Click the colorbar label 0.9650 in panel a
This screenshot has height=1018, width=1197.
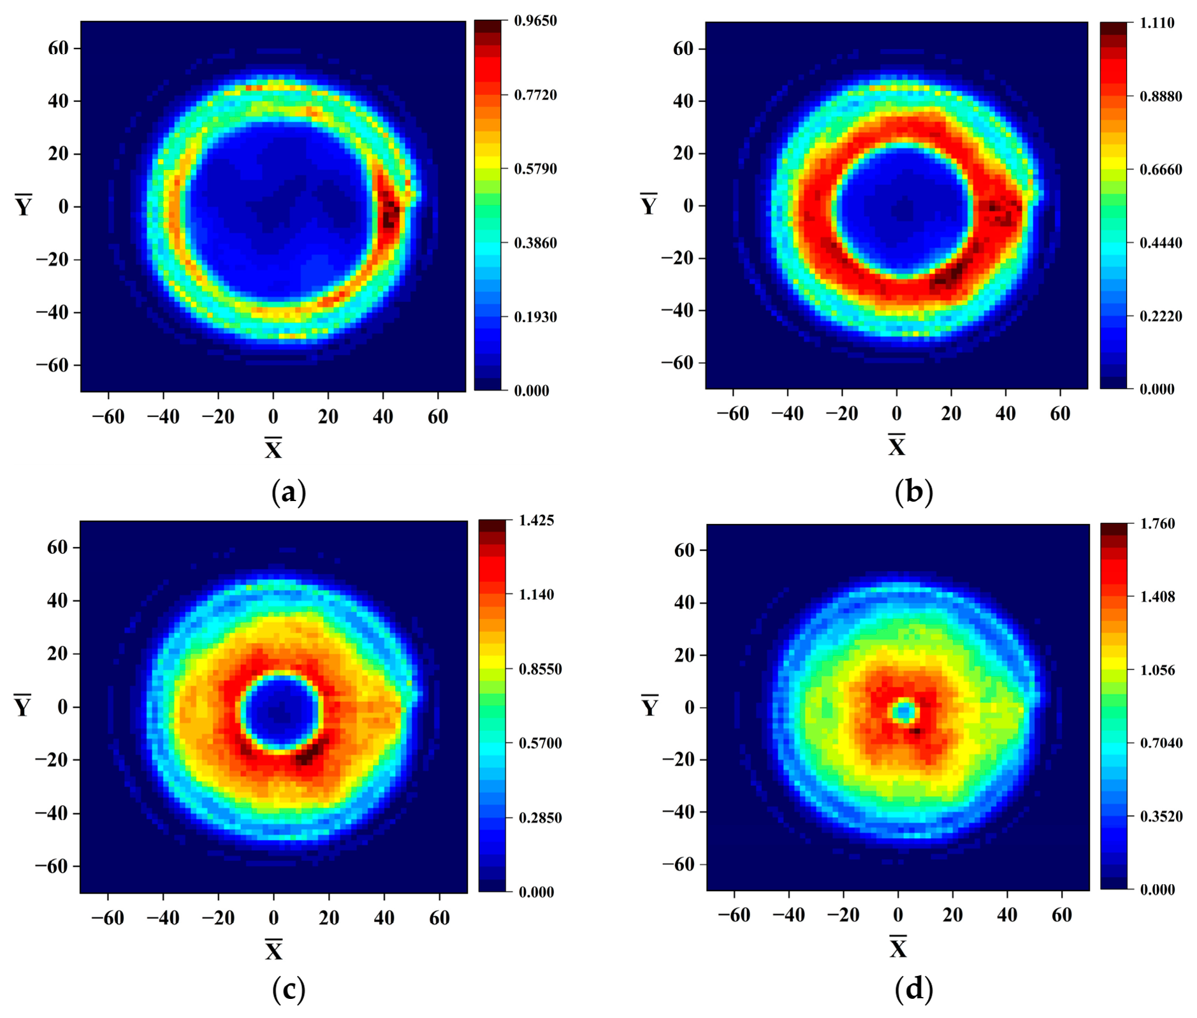[x=535, y=21]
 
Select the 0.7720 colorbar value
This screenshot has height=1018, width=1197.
[x=535, y=95]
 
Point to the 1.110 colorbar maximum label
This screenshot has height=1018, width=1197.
[x=1157, y=23]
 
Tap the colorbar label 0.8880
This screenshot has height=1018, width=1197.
[x=1161, y=96]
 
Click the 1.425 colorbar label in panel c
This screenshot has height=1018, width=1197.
[x=537, y=520]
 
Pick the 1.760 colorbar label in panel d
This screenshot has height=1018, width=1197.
[x=1157, y=523]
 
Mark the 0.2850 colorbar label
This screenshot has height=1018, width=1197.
[x=540, y=818]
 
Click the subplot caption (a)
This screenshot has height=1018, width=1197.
[x=289, y=492]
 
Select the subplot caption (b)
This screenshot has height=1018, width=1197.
[x=914, y=492]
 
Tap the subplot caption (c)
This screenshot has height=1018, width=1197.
[x=289, y=989]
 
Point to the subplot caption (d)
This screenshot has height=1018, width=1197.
[x=914, y=989]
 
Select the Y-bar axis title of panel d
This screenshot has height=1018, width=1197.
[x=649, y=706]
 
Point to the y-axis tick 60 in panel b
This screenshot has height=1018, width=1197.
[x=683, y=48]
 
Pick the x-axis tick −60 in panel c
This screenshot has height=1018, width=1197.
[x=108, y=918]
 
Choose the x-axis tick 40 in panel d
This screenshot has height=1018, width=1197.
[x=1008, y=915]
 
